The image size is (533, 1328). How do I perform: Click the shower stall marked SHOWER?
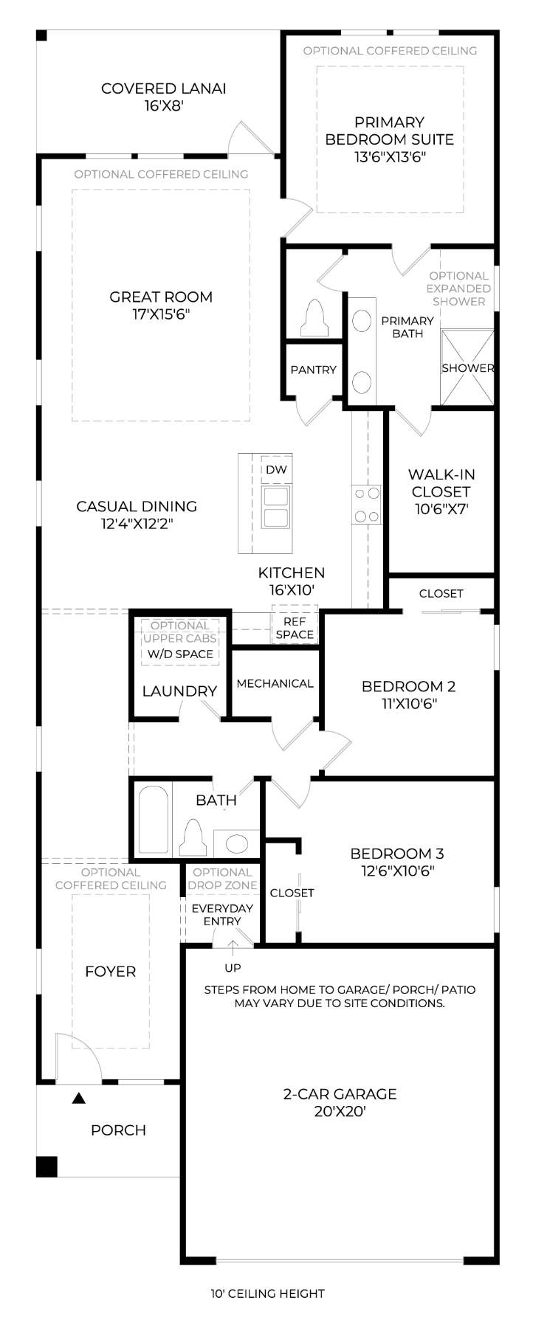click(467, 367)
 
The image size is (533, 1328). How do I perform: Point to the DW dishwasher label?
click(276, 470)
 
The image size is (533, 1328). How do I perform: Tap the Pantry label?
click(313, 370)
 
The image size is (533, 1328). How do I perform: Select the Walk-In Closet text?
click(441, 483)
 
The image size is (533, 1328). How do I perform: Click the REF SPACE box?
click(295, 628)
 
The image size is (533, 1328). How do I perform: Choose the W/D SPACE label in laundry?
click(180, 654)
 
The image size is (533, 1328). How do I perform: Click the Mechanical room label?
click(275, 683)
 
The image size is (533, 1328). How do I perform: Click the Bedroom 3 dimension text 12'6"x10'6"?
click(398, 871)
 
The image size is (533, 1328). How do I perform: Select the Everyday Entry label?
click(222, 914)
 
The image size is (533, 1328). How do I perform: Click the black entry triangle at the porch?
click(79, 1099)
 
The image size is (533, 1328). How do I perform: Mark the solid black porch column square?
click(47, 1166)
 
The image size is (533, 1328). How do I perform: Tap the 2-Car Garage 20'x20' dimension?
click(340, 1111)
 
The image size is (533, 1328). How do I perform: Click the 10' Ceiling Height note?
click(267, 1293)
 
